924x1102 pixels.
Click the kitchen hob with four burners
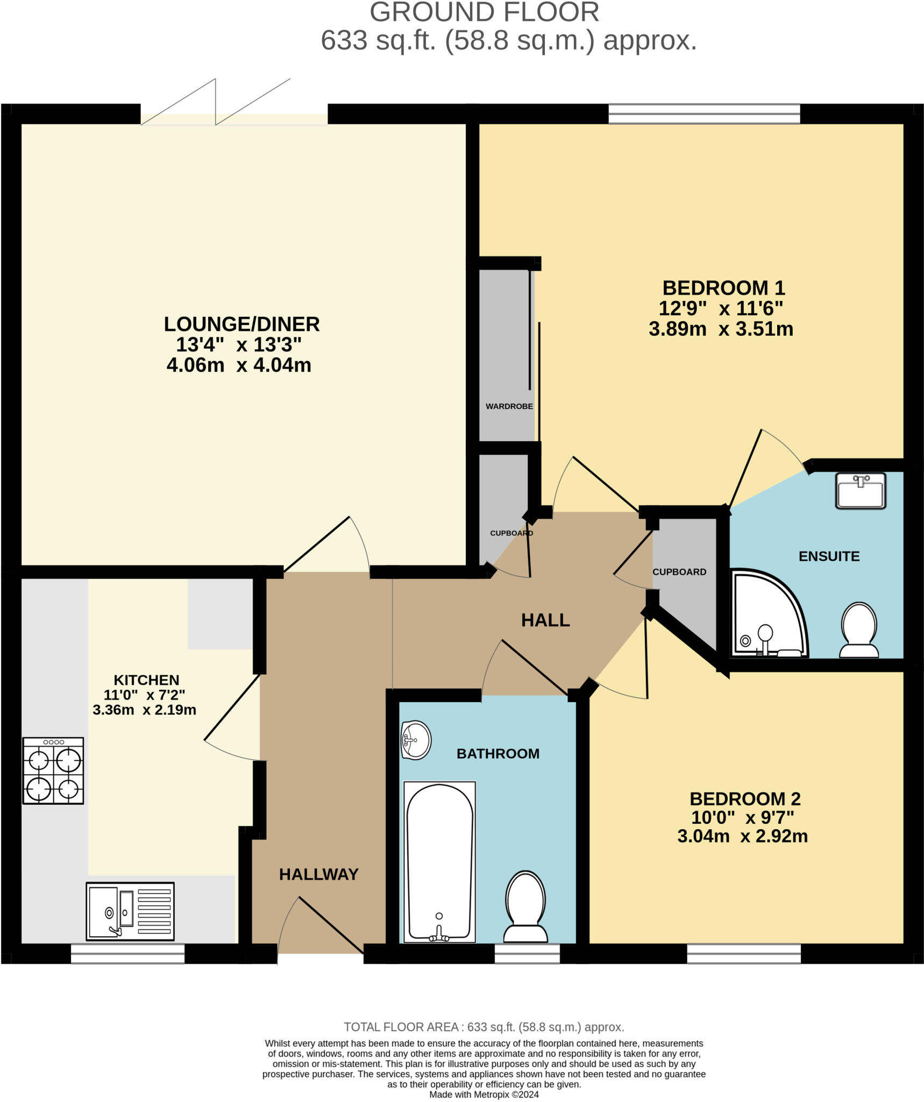point(53,771)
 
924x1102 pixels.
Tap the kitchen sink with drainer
point(130,912)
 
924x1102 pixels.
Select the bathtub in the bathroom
point(439,861)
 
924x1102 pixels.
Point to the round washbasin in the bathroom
point(416,740)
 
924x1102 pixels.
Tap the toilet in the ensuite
point(859,630)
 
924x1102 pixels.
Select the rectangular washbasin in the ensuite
point(861,490)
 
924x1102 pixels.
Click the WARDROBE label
point(509,406)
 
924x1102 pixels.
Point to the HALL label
point(545,620)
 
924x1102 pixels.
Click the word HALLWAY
point(318,874)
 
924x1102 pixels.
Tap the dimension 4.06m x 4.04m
point(239,365)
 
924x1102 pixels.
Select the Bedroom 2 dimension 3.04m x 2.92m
point(742,836)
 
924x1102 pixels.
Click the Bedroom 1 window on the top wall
point(704,114)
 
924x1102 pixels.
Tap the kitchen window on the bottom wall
point(127,954)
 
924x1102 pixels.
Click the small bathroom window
point(527,954)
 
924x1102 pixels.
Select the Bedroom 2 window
point(744,954)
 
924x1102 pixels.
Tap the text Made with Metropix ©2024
point(484,1094)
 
